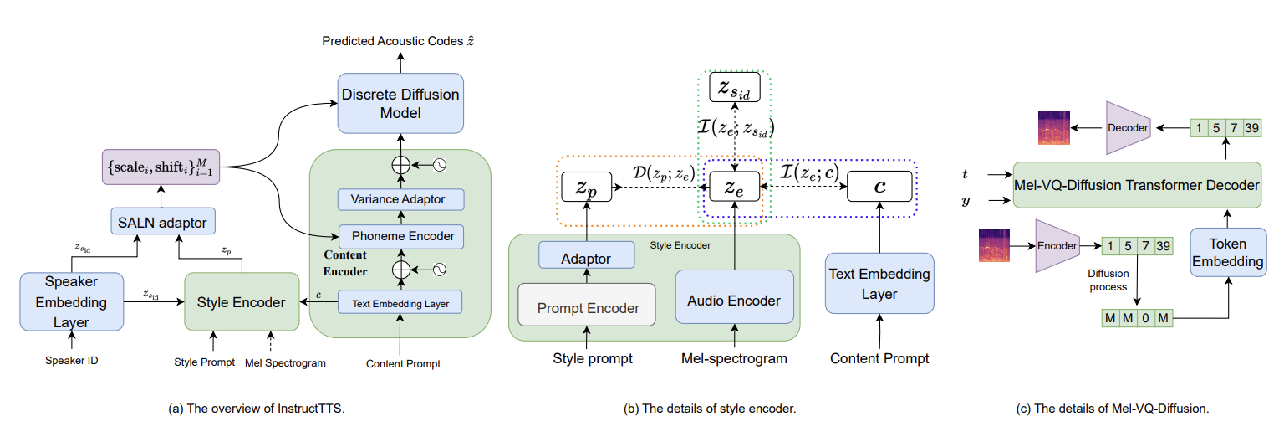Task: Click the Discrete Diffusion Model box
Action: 400,104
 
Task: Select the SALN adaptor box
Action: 163,222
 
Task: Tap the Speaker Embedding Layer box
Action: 70,301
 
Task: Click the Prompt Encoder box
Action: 589,308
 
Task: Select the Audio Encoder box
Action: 734,301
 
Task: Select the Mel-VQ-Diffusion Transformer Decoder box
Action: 1136,184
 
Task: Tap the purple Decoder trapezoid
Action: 1129,128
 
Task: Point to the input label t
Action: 966,175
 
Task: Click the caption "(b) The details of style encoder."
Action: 709,409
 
